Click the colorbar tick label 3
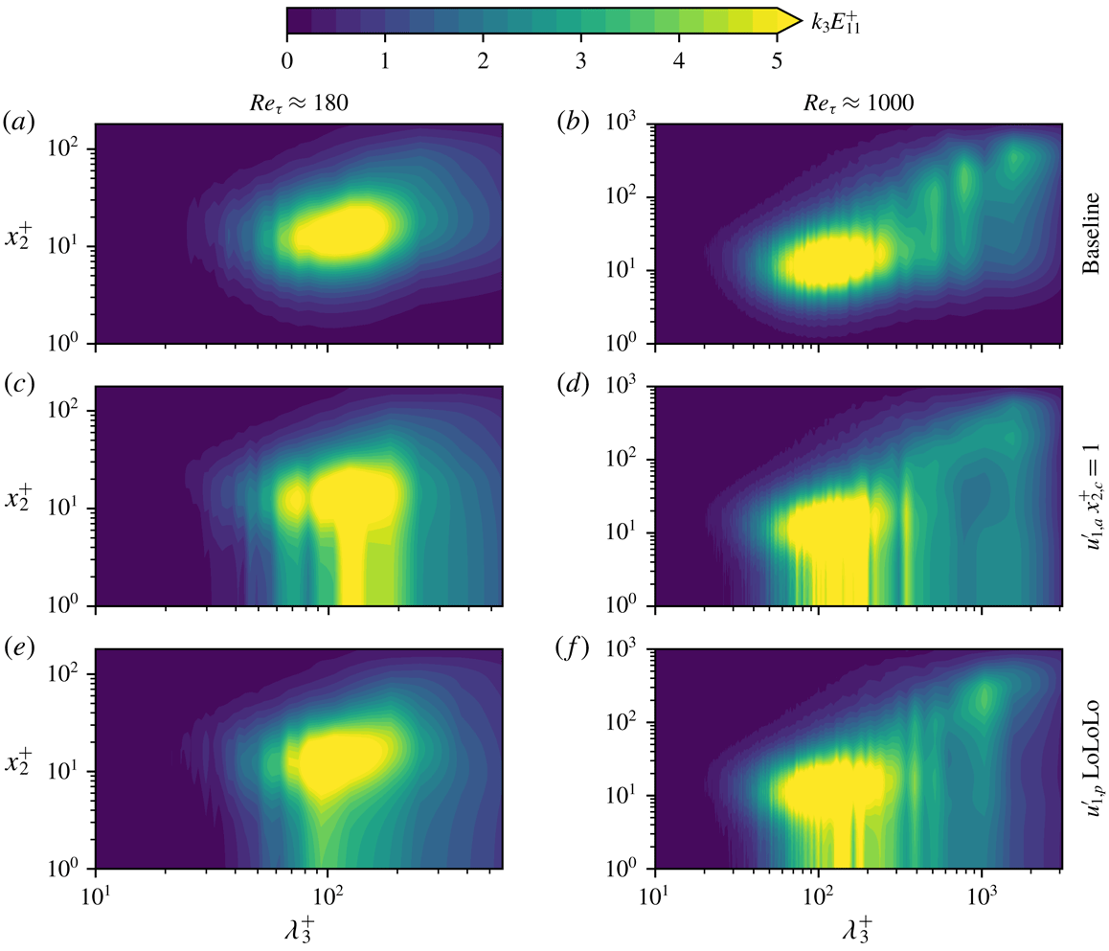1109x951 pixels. (581, 60)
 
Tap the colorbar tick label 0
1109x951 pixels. (287, 60)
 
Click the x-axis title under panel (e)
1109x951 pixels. (300, 930)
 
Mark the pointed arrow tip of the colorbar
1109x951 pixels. (800, 21)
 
